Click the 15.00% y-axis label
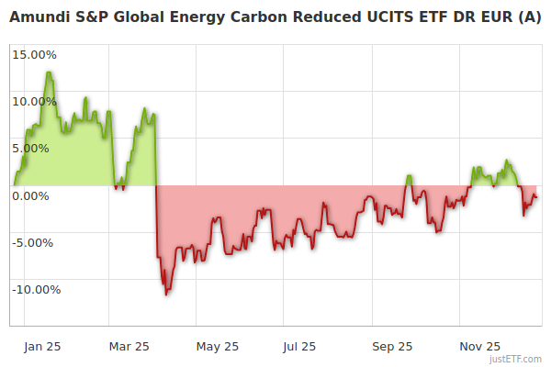coord(35,54)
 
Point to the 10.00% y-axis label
coord(35,101)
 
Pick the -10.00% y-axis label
coord(33,290)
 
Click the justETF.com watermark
coord(515,360)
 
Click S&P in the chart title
coord(93,17)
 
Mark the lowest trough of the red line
coord(166,295)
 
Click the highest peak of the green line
coord(48,72)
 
